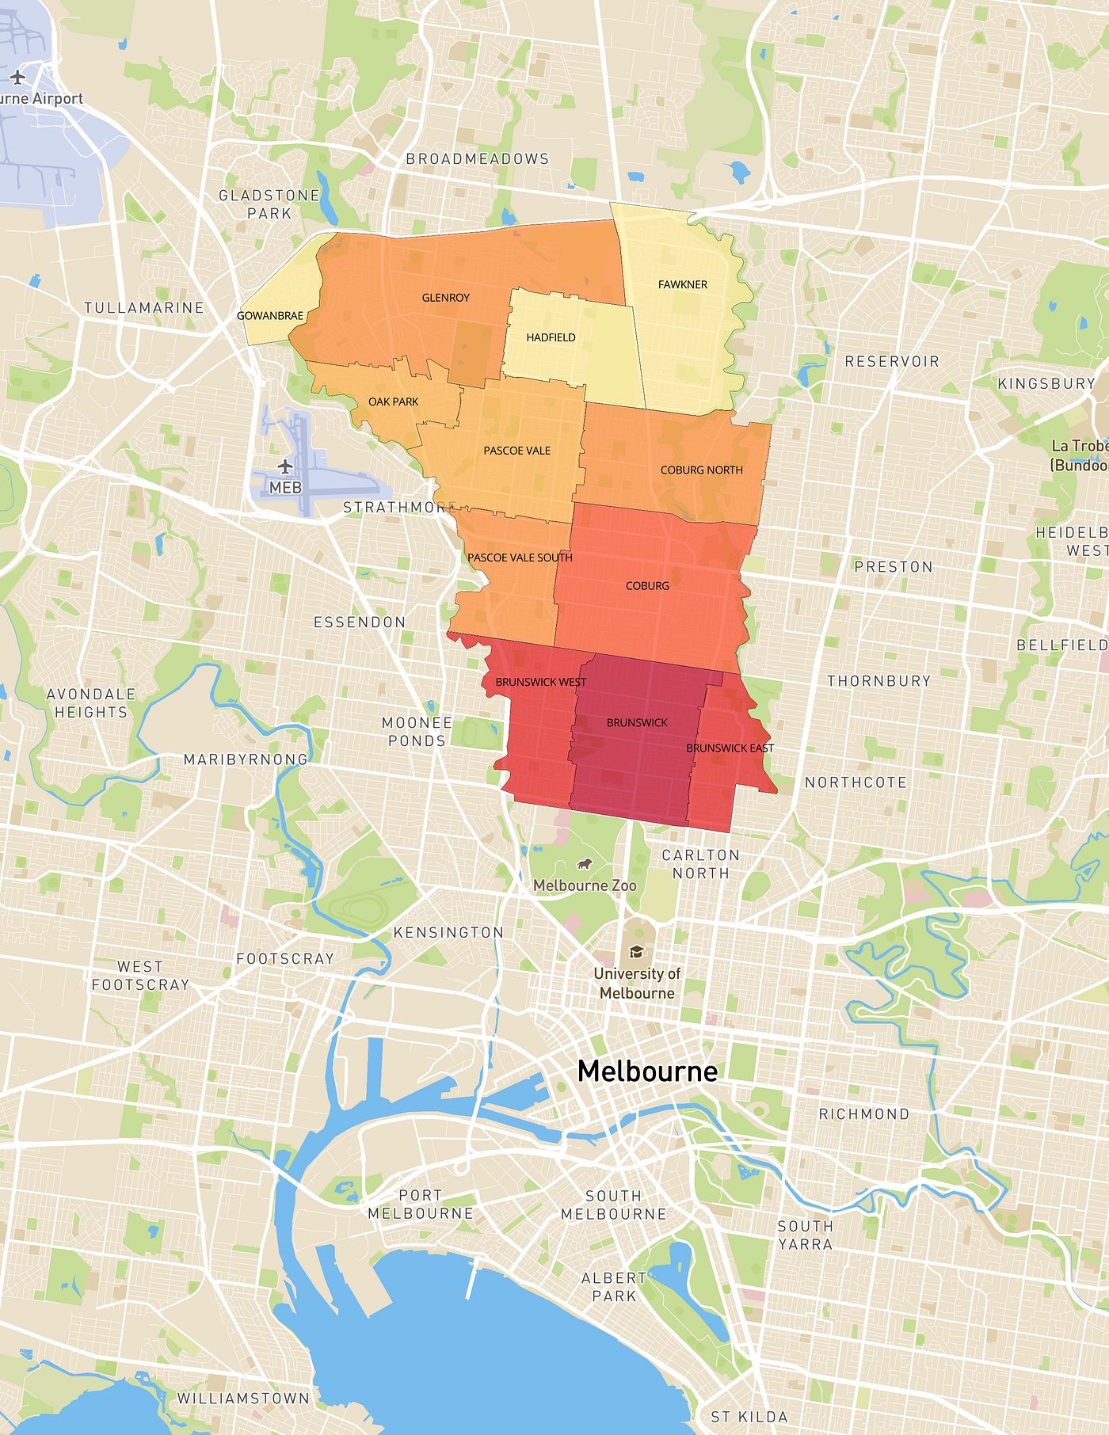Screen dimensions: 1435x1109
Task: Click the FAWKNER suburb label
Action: tap(682, 284)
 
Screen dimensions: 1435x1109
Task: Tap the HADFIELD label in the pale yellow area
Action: tap(551, 337)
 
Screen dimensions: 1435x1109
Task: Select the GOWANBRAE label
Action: tap(270, 316)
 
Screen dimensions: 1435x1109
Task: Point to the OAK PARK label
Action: tap(393, 402)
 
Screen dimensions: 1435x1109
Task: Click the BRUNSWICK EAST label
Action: tap(730, 748)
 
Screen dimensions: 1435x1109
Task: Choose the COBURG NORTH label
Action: tap(701, 470)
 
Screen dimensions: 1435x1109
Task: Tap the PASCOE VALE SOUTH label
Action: tap(520, 558)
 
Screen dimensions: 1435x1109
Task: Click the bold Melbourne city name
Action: tap(647, 1071)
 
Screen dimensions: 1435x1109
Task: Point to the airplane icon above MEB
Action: tap(285, 466)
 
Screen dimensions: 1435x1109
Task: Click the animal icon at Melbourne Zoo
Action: tap(585, 864)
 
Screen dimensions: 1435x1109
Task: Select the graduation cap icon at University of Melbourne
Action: tap(636, 952)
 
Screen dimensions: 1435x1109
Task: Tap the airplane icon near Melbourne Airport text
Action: tap(17, 77)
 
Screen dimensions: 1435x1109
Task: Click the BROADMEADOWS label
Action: tap(477, 159)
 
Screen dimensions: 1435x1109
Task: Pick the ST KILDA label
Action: tap(749, 1417)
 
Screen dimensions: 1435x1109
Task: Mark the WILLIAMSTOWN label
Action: tap(243, 1399)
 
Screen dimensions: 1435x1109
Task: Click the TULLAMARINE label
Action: tap(144, 308)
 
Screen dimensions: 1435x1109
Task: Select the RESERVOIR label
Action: tap(891, 362)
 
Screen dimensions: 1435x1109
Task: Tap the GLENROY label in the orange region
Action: tap(445, 298)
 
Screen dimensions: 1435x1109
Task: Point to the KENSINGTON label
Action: tap(448, 933)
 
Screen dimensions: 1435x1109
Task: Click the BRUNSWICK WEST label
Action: tap(540, 682)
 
